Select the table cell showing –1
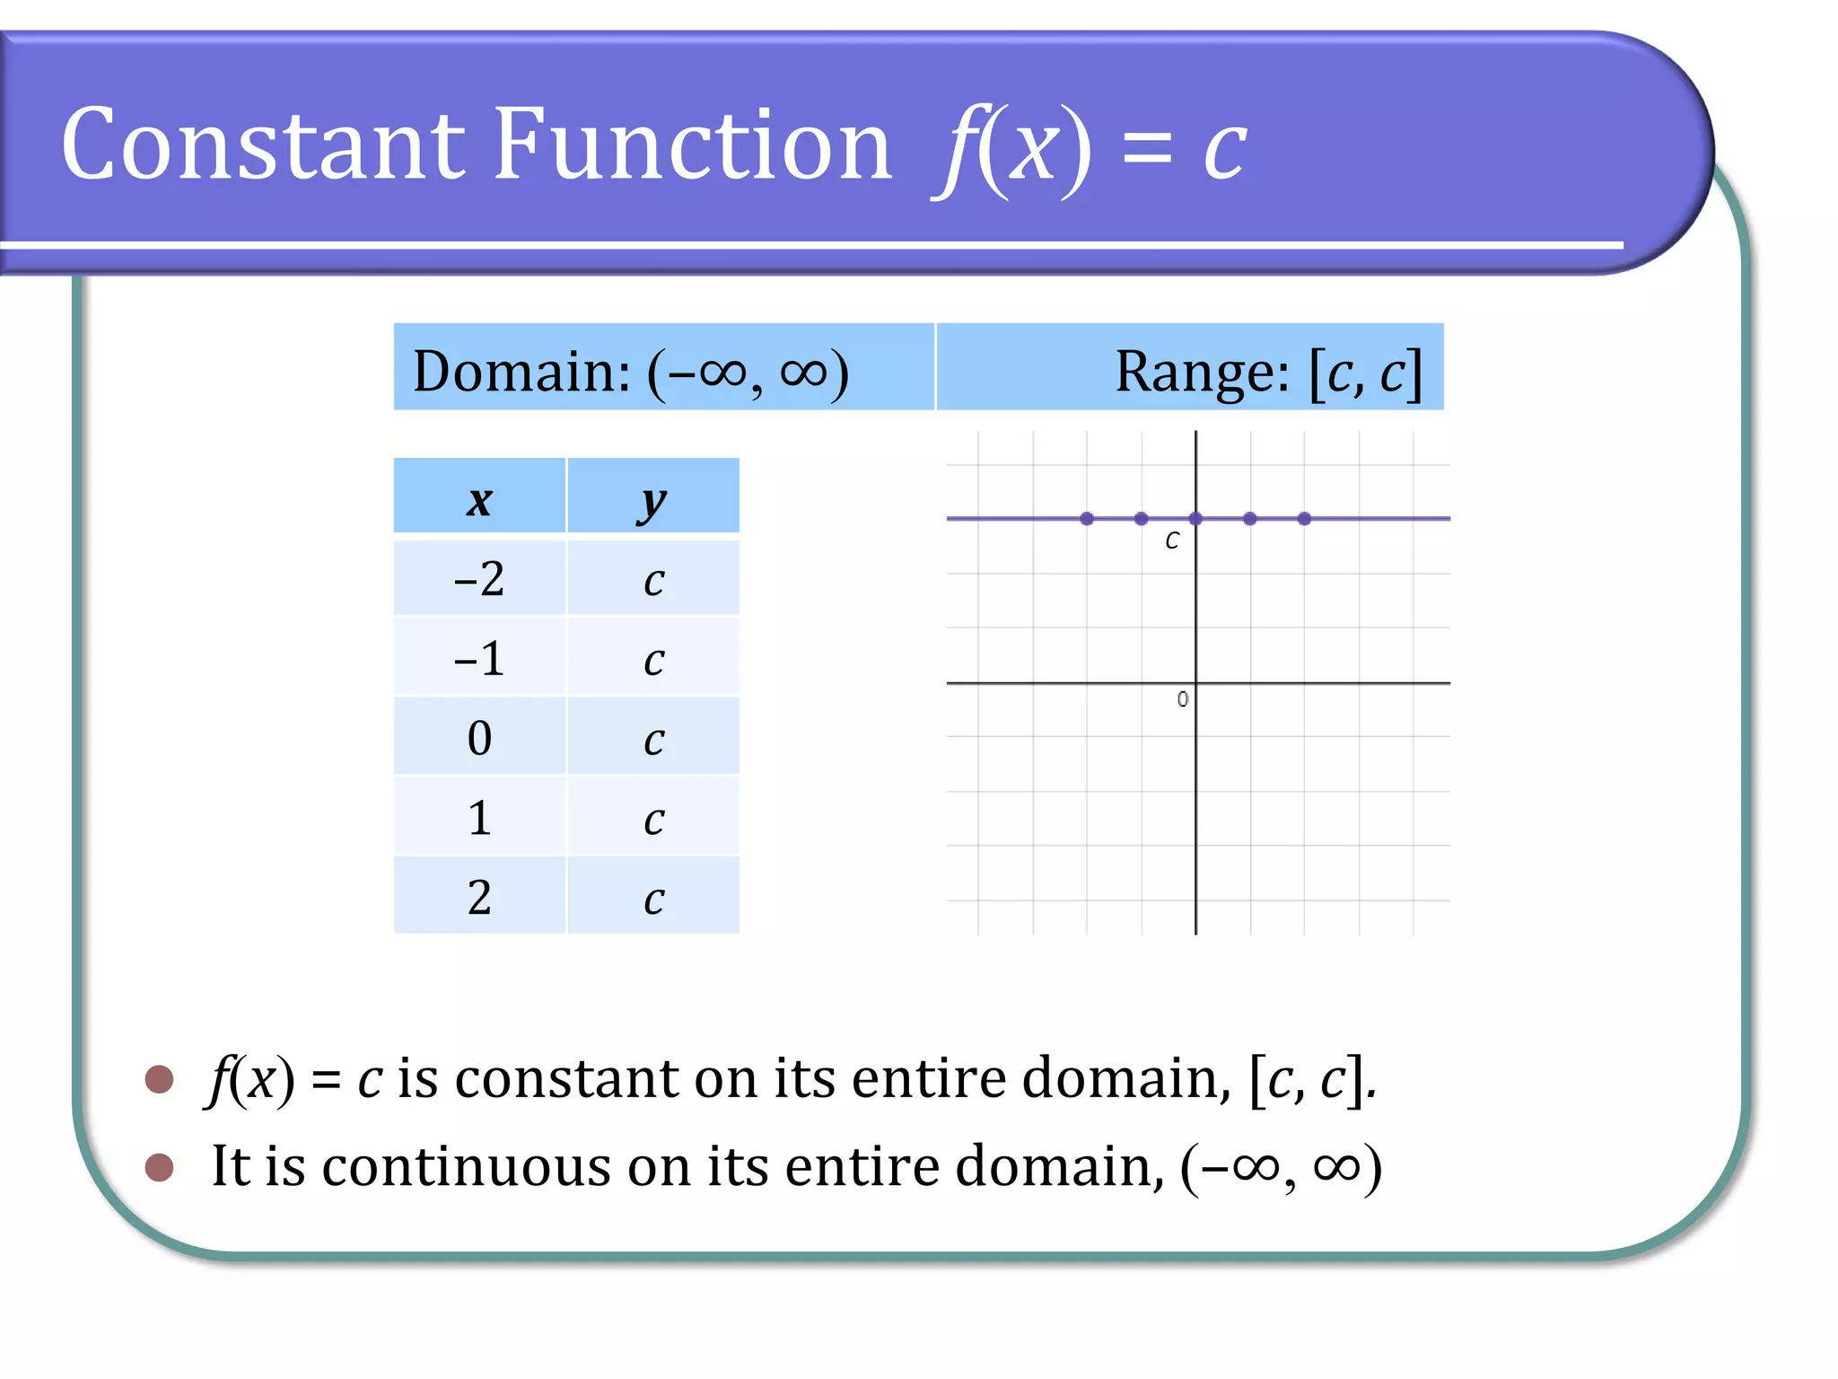(x=479, y=658)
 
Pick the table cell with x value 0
(x=479, y=738)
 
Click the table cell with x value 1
(x=479, y=818)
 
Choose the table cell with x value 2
(x=479, y=897)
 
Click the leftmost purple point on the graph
(x=1087, y=519)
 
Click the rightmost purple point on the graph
(x=1304, y=519)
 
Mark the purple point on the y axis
(x=1195, y=519)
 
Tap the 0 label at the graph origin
(x=1182, y=699)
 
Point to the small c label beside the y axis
(x=1172, y=540)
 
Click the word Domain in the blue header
(x=521, y=371)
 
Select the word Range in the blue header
(x=1202, y=371)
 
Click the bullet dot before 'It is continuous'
(x=159, y=1167)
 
